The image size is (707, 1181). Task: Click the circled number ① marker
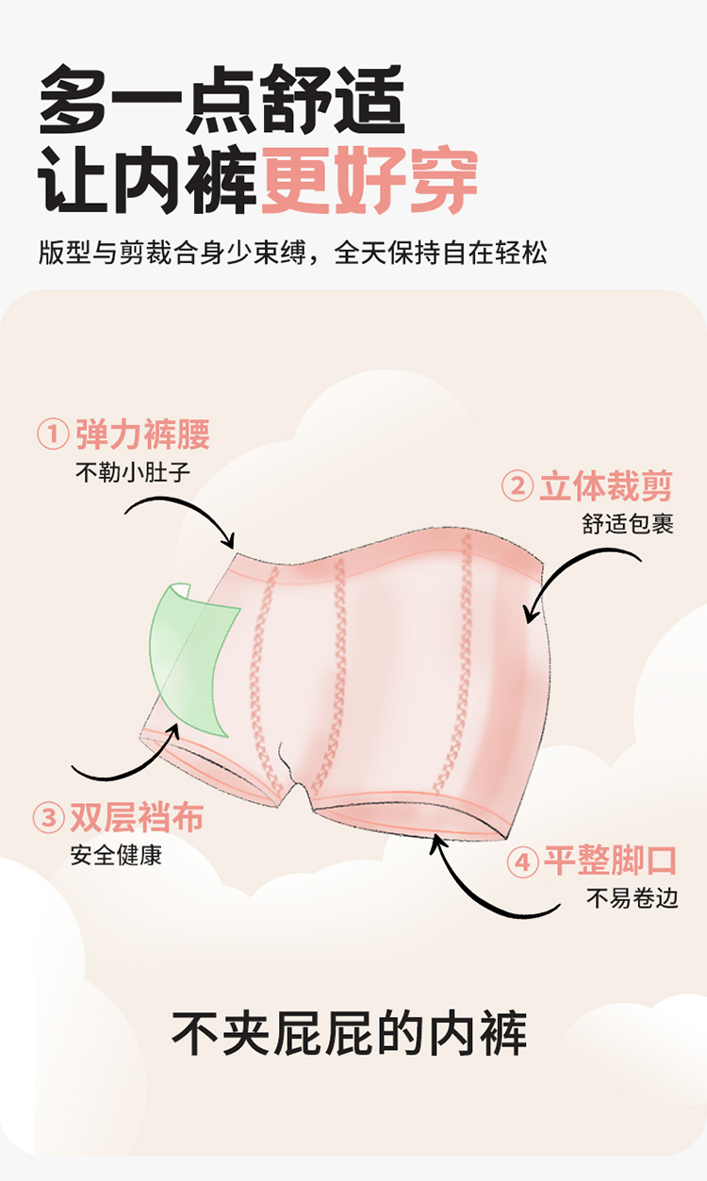pos(53,435)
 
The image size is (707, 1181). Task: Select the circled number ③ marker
pos(47,817)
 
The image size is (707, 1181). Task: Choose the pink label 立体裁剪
pos(605,487)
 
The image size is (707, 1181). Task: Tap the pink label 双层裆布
pos(136,817)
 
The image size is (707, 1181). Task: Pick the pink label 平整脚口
pos(610,861)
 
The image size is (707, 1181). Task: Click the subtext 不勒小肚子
pos(132,470)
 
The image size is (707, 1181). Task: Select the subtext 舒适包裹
pos(628,524)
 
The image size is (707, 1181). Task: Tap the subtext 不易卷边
pos(632,897)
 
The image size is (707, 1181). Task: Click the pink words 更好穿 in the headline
pos(370,180)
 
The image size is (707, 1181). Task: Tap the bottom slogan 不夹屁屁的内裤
pos(350,1033)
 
